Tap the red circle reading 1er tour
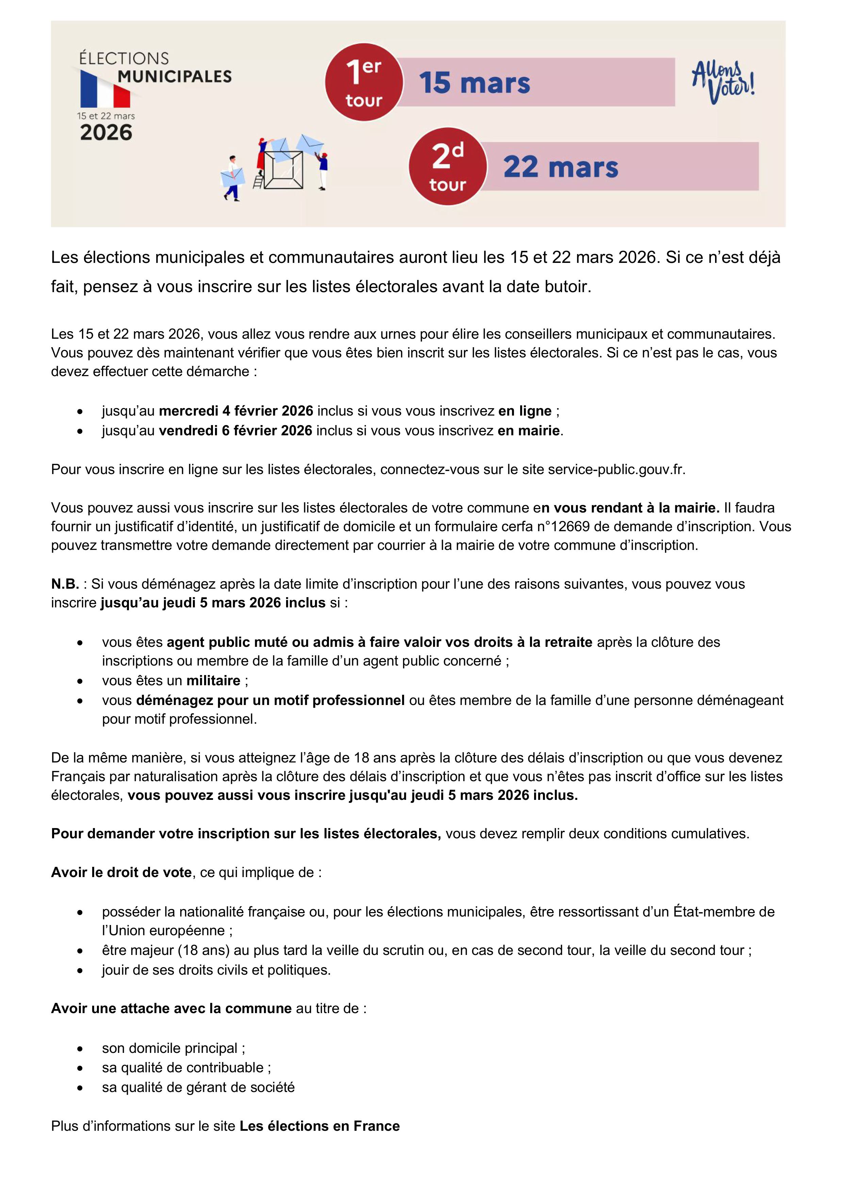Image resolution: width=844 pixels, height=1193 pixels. click(364, 82)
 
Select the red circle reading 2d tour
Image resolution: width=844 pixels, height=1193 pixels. click(447, 166)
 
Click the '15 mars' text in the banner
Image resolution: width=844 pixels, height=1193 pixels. click(474, 83)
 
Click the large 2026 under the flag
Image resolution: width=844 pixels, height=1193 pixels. click(106, 133)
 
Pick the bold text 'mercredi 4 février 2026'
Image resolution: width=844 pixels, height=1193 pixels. click(236, 411)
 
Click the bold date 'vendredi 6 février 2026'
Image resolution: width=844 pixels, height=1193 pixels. click(235, 431)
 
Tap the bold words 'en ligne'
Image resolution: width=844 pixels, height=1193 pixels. click(525, 411)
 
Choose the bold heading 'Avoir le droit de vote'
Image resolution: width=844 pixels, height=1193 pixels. click(121, 872)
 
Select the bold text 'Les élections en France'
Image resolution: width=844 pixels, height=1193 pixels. click(320, 1126)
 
